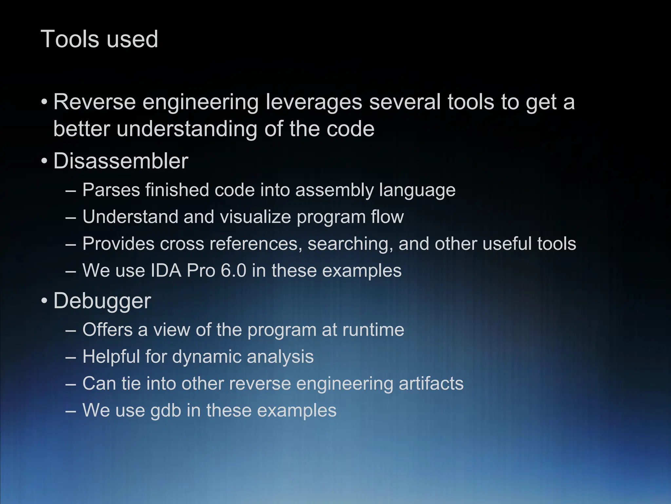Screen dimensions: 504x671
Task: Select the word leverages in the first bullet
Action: pos(314,102)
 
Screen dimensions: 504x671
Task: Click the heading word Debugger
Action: pos(102,301)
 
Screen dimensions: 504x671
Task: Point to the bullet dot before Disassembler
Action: pos(44,161)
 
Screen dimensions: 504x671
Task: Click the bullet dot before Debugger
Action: pos(44,301)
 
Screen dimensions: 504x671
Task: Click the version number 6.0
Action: pos(233,271)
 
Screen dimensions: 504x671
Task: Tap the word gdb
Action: pos(166,410)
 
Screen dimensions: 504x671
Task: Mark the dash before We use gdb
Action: pos(70,410)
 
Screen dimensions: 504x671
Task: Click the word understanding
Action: pos(186,129)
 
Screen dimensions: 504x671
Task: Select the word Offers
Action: pos(107,329)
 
